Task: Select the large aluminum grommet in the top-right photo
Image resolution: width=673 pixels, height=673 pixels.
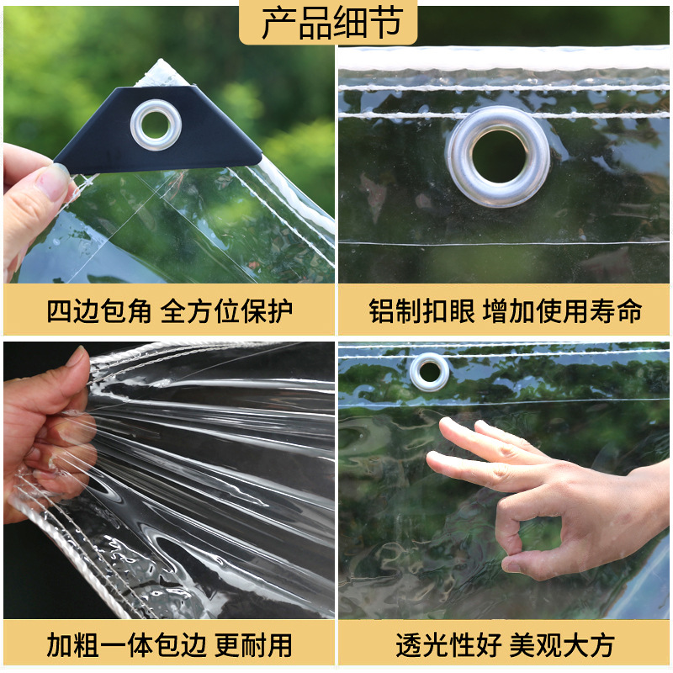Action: coord(498,156)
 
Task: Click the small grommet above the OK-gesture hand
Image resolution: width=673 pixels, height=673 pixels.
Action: coord(430,371)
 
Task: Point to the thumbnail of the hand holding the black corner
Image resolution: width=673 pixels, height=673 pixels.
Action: coord(34,202)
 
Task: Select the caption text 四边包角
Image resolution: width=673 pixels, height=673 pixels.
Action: coord(99,311)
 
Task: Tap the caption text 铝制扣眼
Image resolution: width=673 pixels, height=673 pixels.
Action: coord(421,311)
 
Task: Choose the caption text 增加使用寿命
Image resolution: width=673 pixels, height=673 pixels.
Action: coord(563,311)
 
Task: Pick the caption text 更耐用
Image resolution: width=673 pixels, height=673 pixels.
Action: coord(253,645)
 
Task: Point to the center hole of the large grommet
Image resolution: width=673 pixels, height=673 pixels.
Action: coord(498,157)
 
